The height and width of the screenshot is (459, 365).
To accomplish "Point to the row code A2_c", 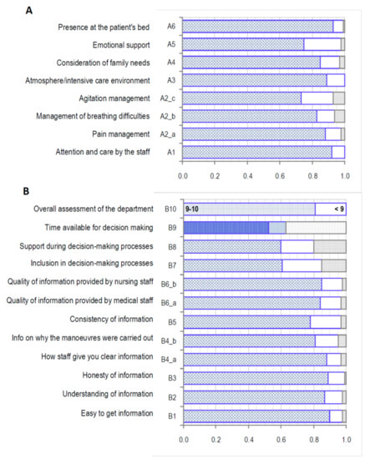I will click(x=165, y=98).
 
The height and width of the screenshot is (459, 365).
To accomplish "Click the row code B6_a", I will click(x=166, y=302).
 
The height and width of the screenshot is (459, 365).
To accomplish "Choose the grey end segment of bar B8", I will click(x=329, y=246).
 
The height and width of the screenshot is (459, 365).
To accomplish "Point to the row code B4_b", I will click(x=166, y=340).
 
